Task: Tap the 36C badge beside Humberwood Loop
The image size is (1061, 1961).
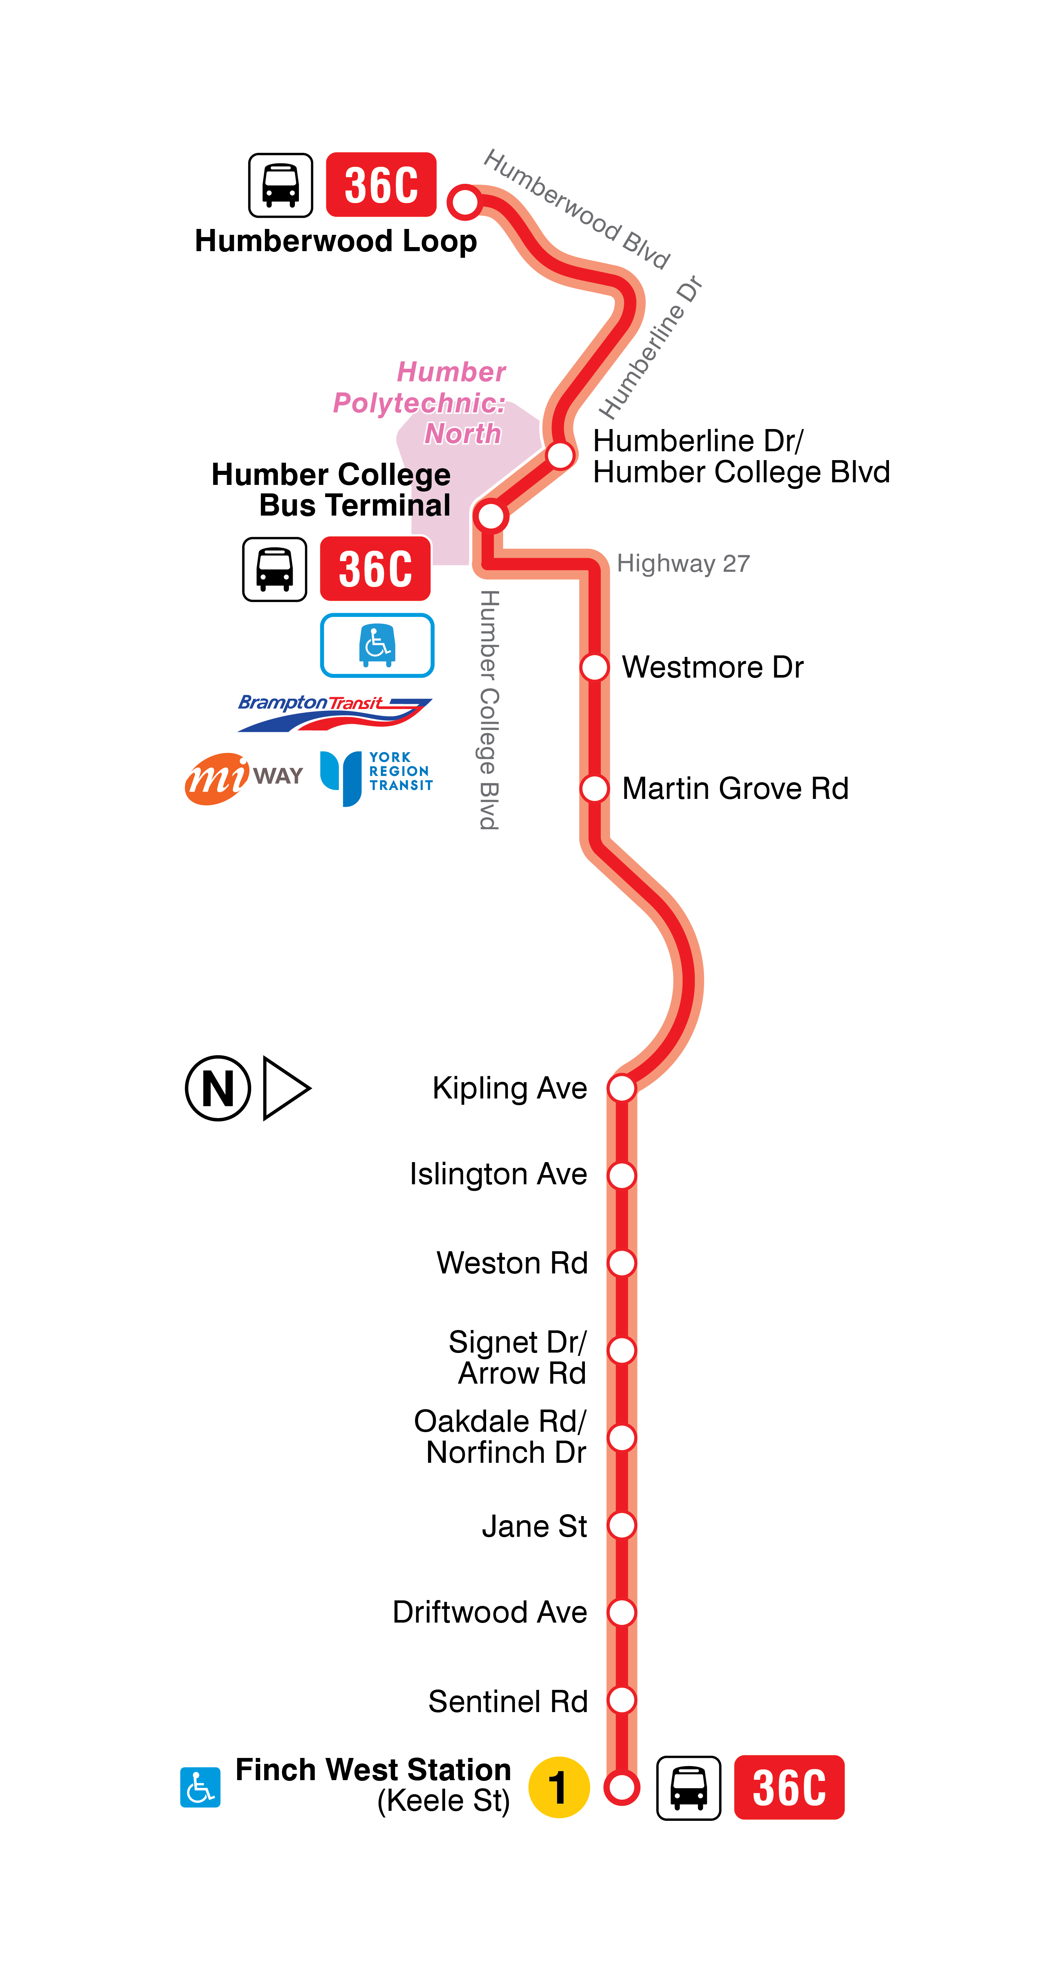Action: [x=381, y=185]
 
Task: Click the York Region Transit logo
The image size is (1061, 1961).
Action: [x=376, y=776]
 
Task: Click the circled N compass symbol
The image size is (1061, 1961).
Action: [x=218, y=1088]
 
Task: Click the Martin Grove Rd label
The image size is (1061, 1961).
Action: [x=735, y=789]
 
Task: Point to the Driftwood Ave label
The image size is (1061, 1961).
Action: [x=490, y=1612]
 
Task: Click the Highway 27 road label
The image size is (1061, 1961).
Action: [x=683, y=563]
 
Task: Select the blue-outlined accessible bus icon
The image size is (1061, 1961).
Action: [x=377, y=645]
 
